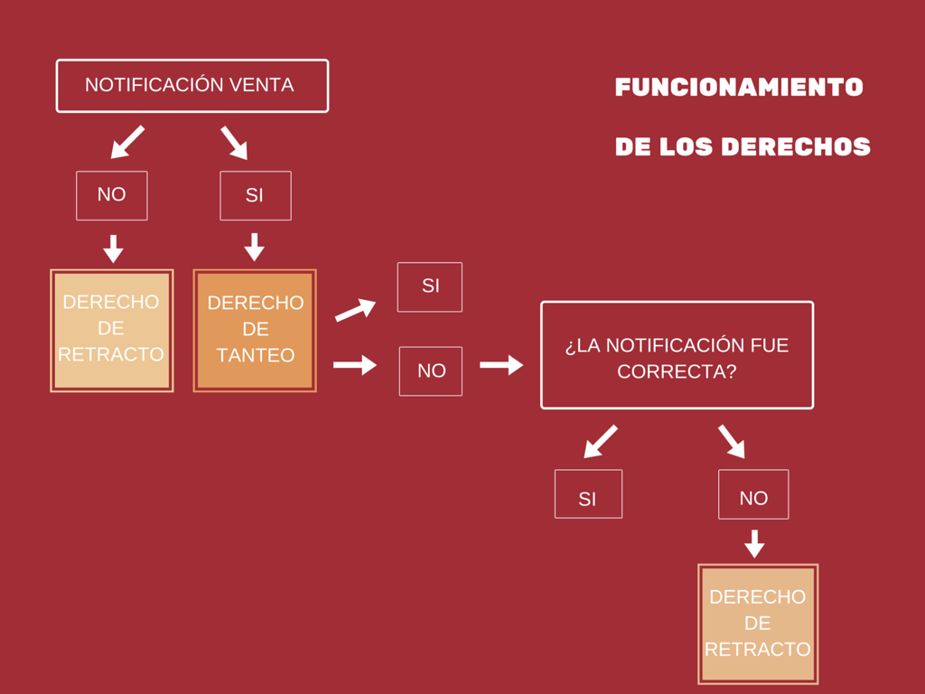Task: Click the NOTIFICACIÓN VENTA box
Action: tap(192, 86)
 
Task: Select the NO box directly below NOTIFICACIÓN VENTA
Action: tap(111, 195)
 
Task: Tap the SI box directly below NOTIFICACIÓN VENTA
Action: tap(255, 195)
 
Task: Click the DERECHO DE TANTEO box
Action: tap(255, 330)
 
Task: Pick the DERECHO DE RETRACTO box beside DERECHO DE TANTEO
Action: tap(111, 330)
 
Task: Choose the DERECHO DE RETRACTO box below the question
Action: tap(757, 624)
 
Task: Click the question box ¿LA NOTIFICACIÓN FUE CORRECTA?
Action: tap(677, 355)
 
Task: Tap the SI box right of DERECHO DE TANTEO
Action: tap(430, 286)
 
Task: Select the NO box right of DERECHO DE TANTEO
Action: tap(431, 370)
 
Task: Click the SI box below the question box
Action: tap(588, 494)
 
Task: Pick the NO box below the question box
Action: tap(753, 494)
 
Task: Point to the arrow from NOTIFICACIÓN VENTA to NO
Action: tap(127, 142)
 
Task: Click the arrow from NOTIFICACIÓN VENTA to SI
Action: tap(234, 143)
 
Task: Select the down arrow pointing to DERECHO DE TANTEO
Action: tap(255, 247)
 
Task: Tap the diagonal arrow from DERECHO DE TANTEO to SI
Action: tap(355, 310)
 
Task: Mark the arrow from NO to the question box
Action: tap(501, 365)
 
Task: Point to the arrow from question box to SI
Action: tap(601, 441)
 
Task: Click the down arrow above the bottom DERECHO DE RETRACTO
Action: tap(754, 543)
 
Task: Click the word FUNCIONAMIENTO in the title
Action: tap(739, 88)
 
